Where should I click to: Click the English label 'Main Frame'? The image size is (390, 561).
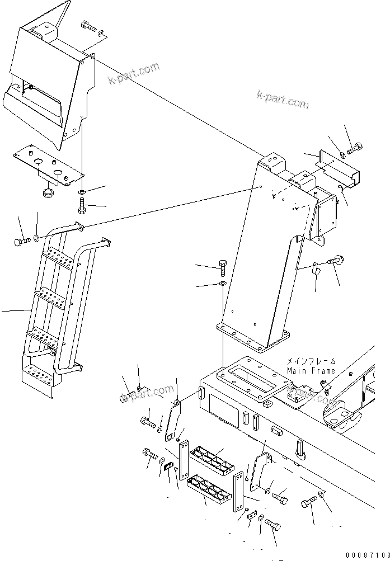[x=311, y=371]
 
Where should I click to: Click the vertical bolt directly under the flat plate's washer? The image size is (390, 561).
[x=82, y=207]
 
